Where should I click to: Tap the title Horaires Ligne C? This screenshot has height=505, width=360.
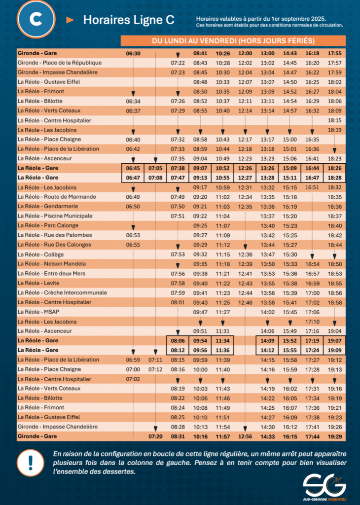coord(128,20)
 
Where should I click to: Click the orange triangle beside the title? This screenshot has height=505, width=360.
coord(70,20)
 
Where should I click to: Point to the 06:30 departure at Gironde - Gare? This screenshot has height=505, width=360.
coord(133,53)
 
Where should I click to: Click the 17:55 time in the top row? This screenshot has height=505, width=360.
coord(334,53)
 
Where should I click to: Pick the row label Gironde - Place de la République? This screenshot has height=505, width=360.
coord(59,63)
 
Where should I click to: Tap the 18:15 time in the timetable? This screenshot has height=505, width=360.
coord(334,120)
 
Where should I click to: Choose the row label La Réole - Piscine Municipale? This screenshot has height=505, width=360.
coord(55,216)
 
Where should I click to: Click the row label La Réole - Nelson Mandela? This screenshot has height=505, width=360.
coord(51,264)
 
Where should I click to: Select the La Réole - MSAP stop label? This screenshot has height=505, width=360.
coord(37,312)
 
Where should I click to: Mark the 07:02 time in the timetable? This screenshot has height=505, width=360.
coord(133,379)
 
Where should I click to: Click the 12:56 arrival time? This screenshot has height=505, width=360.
coord(245,436)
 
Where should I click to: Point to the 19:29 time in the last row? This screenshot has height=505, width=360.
coord(334,436)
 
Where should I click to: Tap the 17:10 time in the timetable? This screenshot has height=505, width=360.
coord(312,322)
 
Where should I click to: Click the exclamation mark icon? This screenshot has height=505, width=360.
coord(30,463)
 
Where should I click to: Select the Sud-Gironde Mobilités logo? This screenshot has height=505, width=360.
coord(324,486)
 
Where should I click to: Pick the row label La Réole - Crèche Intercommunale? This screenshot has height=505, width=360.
coord(62,292)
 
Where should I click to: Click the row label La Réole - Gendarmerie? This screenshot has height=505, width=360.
coord(47,207)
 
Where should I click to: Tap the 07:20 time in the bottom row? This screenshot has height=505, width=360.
coord(155,436)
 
